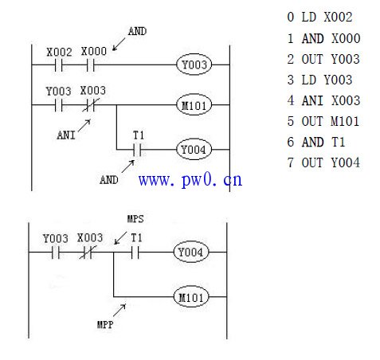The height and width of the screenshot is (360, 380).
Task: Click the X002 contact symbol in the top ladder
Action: [x=59, y=65]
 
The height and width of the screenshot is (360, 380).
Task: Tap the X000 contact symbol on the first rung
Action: [x=91, y=65]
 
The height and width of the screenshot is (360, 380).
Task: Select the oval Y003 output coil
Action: [x=194, y=65]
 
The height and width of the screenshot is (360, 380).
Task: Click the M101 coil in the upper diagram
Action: [x=194, y=105]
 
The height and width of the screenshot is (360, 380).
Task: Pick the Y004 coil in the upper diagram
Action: [x=194, y=150]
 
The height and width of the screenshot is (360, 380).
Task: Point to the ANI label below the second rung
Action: [x=66, y=135]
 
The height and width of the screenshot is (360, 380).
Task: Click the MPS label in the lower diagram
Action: [x=135, y=219]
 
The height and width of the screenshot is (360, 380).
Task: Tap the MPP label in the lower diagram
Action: [x=105, y=324]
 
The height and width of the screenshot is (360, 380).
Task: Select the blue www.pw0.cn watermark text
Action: [x=190, y=180]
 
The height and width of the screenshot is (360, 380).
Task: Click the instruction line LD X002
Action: [x=319, y=18]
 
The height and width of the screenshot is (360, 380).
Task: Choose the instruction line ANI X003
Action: [x=323, y=100]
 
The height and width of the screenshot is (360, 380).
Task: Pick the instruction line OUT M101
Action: [x=323, y=121]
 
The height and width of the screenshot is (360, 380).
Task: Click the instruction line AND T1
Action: [x=316, y=142]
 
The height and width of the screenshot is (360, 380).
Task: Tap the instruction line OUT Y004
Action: [x=323, y=162]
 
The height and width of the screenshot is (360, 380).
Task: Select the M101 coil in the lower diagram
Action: [x=191, y=297]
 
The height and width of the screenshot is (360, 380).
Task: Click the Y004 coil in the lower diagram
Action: [x=191, y=252]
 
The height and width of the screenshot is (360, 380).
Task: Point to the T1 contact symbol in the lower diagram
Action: [x=135, y=252]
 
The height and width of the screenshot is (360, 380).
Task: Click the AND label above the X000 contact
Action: [x=137, y=31]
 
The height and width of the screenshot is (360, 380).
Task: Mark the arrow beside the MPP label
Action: [x=119, y=310]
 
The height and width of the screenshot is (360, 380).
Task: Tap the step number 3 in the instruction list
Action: [x=291, y=80]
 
